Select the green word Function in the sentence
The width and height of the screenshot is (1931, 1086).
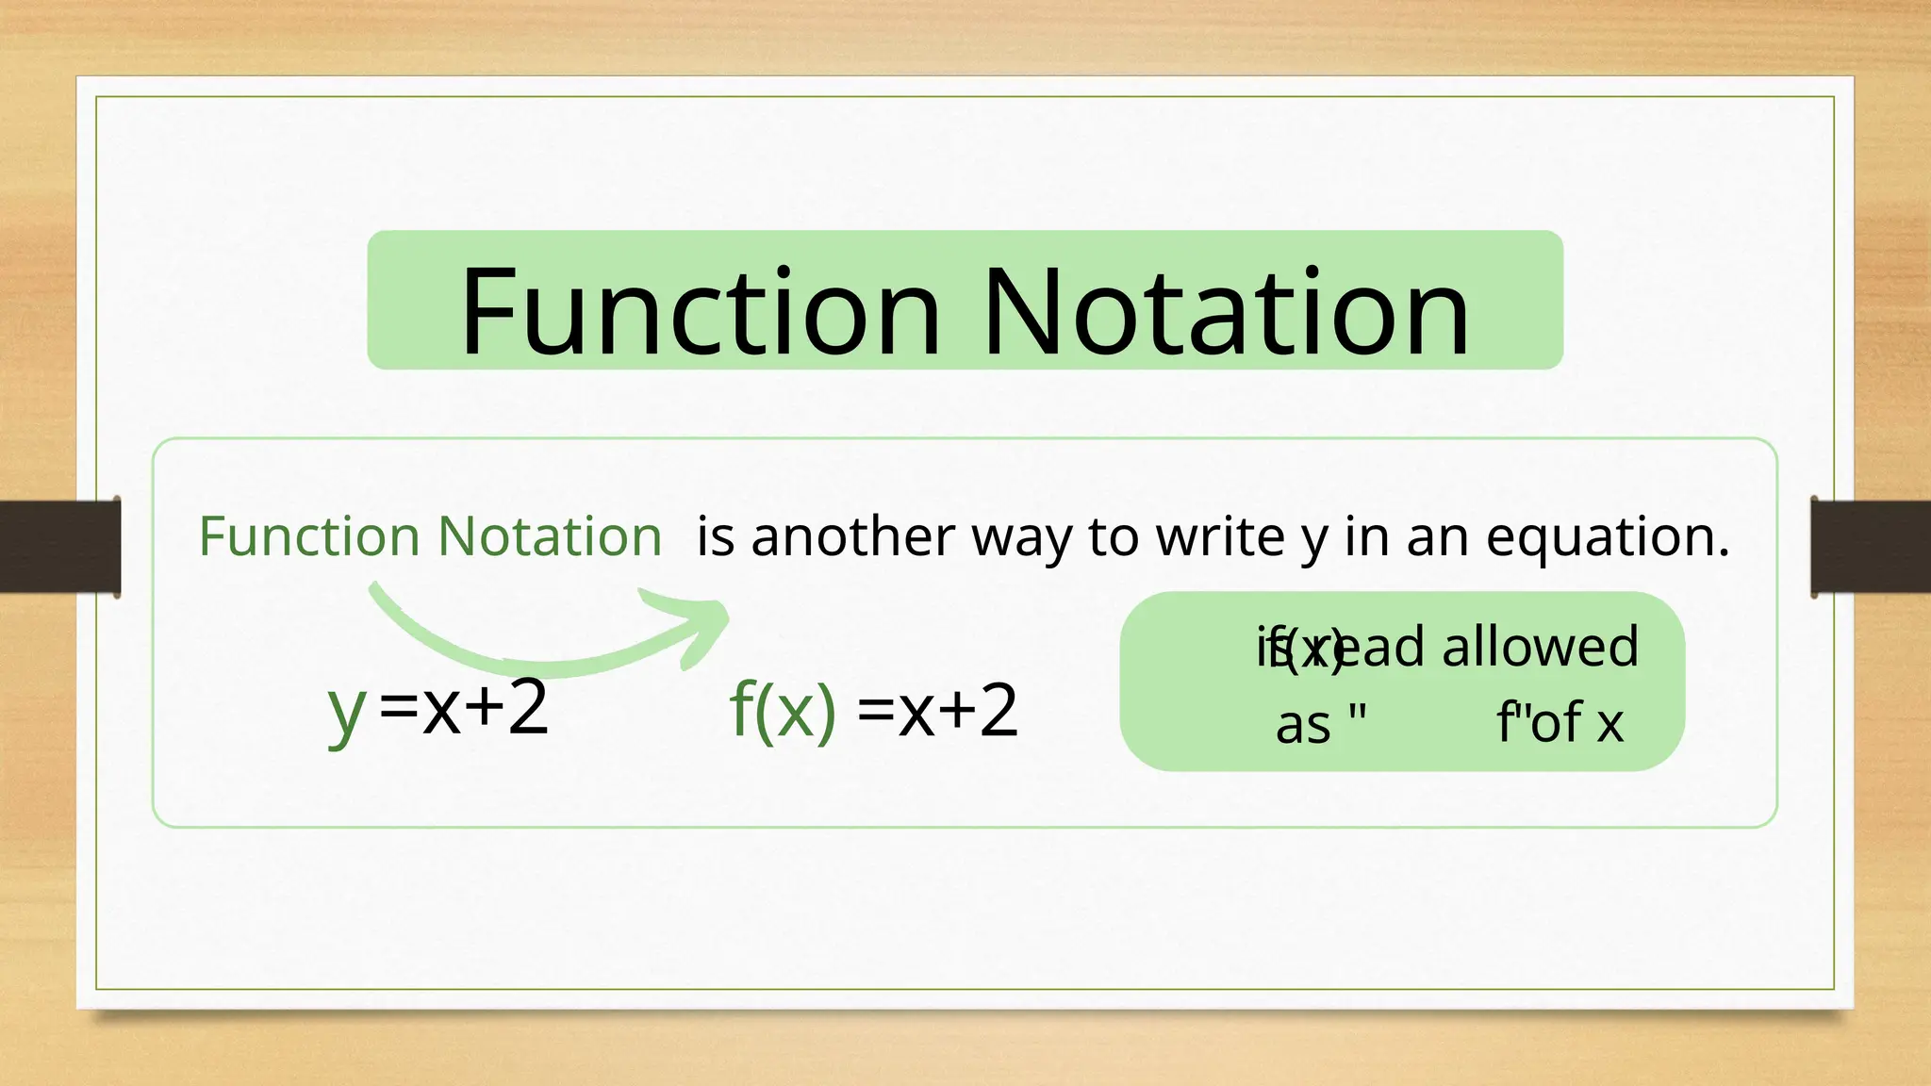(309, 536)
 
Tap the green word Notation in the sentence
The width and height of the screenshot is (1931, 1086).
(551, 536)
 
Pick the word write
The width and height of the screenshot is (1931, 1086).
(1221, 536)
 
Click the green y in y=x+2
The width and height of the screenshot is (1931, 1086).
(347, 712)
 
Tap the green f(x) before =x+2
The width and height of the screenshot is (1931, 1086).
(783, 710)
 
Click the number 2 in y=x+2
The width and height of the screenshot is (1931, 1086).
(528, 708)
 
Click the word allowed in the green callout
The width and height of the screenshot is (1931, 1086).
(1540, 647)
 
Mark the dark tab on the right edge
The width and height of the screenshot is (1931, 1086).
(1871, 547)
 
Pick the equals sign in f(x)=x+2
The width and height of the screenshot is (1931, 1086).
(876, 710)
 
